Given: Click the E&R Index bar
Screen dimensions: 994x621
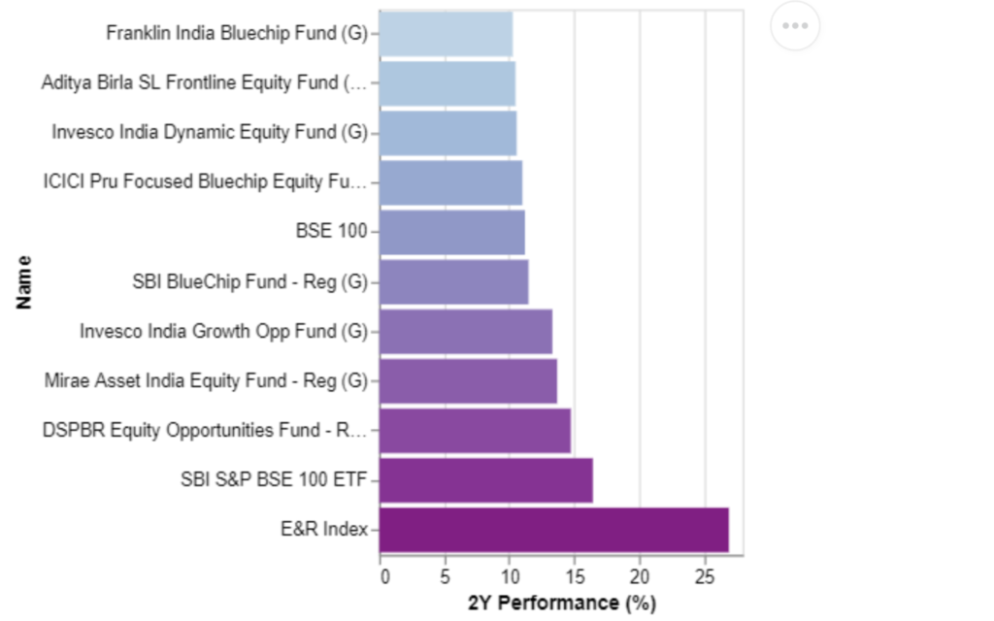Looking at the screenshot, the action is click(554, 530).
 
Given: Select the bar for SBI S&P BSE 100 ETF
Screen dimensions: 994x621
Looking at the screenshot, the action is click(486, 480).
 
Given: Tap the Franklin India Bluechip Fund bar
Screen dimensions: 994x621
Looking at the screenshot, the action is click(447, 34).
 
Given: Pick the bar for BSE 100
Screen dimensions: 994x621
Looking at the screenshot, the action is click(452, 232).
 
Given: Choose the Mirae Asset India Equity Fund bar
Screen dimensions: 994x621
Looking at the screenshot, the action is click(469, 380).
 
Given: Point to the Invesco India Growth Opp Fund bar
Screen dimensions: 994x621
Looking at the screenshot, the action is click(466, 332).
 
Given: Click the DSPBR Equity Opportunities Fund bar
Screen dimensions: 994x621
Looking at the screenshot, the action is click(475, 431).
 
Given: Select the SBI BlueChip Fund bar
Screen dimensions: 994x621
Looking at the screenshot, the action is click(454, 282).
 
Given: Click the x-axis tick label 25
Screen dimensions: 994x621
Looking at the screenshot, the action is click(705, 576).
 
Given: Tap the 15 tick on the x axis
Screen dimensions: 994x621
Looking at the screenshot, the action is click(575, 576).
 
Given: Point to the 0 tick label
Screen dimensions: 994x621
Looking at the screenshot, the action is click(384, 576).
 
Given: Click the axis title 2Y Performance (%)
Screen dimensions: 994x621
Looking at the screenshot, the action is click(562, 603).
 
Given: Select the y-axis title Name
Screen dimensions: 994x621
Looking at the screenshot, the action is click(23, 282).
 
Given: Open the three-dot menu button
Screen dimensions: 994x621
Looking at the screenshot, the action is click(795, 26).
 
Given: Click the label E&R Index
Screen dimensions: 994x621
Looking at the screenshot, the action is click(324, 529).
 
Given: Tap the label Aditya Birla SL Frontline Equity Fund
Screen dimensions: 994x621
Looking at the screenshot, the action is click(204, 83).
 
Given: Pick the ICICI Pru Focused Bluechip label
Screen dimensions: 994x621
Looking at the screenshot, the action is click(205, 181).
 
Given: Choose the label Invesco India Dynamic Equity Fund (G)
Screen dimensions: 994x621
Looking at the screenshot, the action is click(210, 132).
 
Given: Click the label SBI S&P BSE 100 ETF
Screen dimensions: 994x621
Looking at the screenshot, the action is click(274, 479).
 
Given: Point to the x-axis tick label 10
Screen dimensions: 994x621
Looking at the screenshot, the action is click(510, 576).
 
